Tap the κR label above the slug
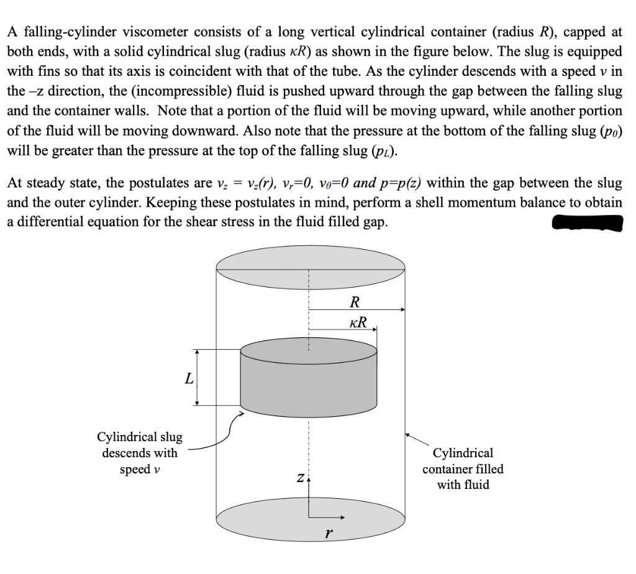358,322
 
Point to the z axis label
301,478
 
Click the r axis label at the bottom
329,533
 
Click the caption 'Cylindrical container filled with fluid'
463,468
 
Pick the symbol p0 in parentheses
611,131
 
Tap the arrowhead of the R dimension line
402,309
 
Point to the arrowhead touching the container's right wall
408,435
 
